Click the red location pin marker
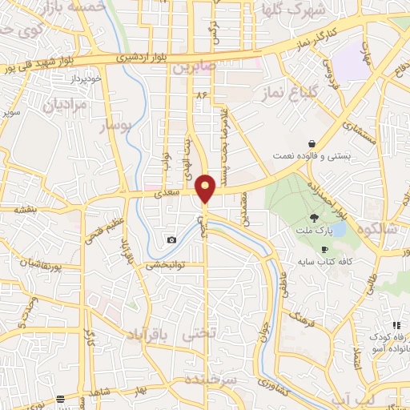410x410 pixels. (206, 187)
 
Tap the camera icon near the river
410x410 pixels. (171, 240)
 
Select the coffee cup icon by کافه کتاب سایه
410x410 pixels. (325, 250)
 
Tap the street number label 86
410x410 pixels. (200, 94)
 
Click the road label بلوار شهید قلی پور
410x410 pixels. (40, 66)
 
